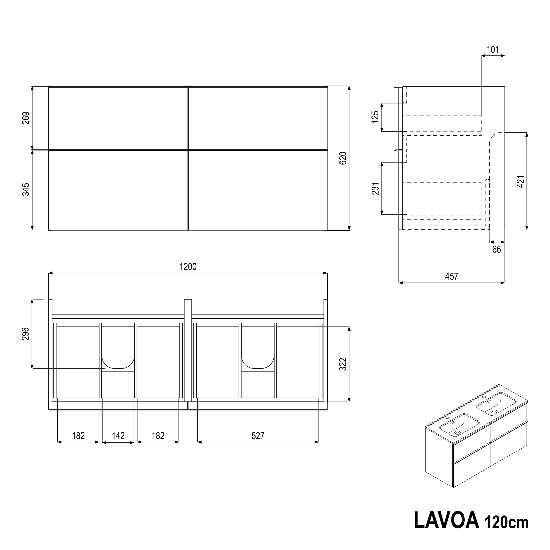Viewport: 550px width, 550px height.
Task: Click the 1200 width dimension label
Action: pos(188,267)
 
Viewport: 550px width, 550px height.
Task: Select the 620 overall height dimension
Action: pos(343,158)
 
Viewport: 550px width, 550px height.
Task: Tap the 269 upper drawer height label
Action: pos(26,118)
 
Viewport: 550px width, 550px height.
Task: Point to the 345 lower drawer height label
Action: pos(26,189)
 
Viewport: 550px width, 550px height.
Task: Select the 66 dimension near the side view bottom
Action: pos(497,249)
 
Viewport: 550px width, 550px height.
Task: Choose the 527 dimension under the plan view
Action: pos(258,436)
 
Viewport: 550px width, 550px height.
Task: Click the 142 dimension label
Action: pos(118,436)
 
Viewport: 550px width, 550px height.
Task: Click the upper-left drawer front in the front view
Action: pos(118,118)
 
